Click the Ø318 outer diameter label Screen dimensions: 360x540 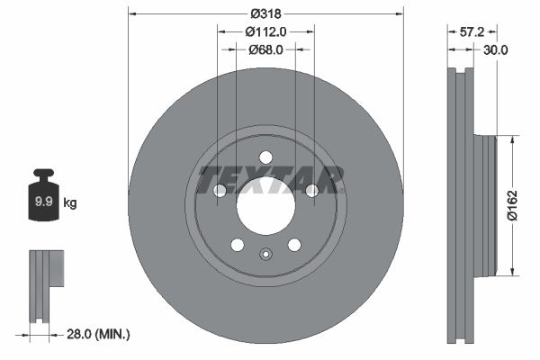tap(265, 13)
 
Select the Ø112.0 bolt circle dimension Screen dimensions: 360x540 tap(265, 31)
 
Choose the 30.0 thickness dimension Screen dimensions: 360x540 tap(495, 50)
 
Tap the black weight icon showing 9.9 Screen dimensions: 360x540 tap(43, 200)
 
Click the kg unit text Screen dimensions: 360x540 tap(70, 203)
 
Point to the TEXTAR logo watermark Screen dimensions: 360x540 tap(270, 178)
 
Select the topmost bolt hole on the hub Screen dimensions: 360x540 tap(265, 157)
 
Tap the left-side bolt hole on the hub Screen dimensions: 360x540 tap(219, 190)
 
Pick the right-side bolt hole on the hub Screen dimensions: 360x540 tap(311, 190)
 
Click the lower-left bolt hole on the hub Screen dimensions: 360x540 tap(237, 245)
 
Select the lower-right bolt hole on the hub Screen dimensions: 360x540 tap(293, 245)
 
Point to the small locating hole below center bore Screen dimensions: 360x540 tap(265, 254)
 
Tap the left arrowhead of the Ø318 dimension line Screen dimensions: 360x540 tap(132, 13)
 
